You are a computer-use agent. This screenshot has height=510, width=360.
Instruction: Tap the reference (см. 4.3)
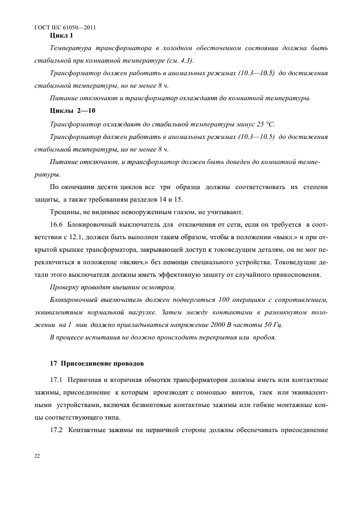coord(183,60)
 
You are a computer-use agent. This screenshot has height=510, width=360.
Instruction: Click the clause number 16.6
coord(57,224)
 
